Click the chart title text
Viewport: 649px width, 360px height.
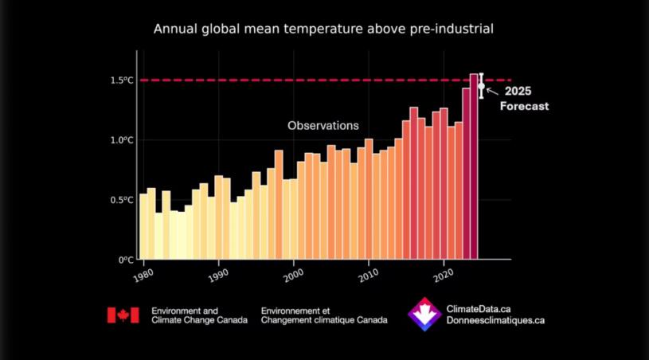[x=324, y=29]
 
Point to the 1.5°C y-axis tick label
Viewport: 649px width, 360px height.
[x=122, y=80]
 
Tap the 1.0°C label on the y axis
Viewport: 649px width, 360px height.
[x=122, y=140]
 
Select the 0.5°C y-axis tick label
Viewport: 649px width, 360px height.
[x=122, y=200]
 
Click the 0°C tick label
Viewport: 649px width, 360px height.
[x=126, y=260]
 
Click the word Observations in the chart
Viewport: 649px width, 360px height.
[x=323, y=126]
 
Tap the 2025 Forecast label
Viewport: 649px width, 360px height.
[x=524, y=98]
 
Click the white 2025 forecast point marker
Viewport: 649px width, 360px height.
[x=481, y=86]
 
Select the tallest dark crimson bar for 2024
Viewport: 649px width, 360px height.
[x=474, y=166]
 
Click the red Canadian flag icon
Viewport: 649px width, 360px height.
[x=123, y=315]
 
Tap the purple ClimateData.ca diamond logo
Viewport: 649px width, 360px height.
[x=424, y=315]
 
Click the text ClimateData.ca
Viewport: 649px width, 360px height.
[x=479, y=309]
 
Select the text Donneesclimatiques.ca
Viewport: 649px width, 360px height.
[x=496, y=320]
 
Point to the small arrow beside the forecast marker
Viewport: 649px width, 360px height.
[x=491, y=90]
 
